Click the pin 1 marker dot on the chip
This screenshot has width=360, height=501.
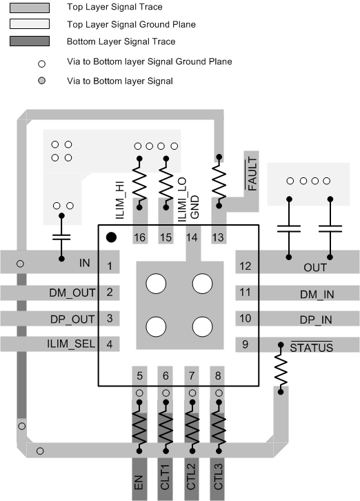coord(110,238)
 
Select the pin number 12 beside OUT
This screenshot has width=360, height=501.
coord(246,266)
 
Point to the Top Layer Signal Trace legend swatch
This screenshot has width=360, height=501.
coord(29,8)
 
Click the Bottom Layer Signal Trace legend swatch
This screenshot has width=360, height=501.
coord(29,41)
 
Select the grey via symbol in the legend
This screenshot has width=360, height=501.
coord(41,81)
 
